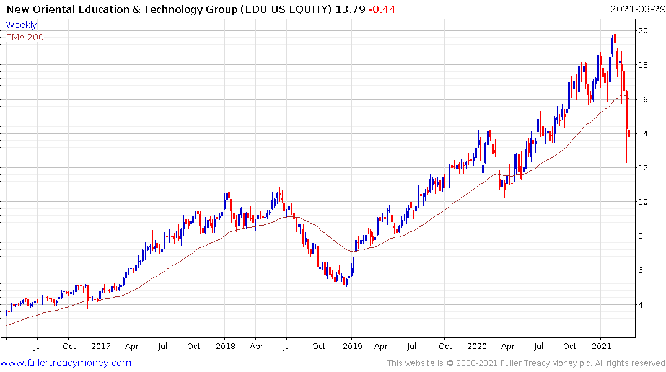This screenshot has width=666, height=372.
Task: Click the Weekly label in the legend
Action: click(21, 25)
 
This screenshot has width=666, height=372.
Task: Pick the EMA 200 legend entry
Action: click(25, 37)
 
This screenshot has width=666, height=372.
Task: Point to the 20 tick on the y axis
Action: click(644, 31)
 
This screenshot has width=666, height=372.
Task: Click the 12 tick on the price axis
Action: click(644, 168)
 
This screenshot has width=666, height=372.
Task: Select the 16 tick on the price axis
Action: click(644, 99)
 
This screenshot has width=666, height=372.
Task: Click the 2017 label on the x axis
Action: click(100, 347)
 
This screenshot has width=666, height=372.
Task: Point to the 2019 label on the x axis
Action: click(352, 347)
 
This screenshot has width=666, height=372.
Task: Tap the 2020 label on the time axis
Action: click(477, 347)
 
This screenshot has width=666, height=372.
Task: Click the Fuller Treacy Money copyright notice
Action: click(526, 363)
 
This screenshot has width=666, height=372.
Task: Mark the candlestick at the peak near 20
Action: click(614, 41)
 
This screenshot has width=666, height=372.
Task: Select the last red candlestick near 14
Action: click(629, 133)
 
